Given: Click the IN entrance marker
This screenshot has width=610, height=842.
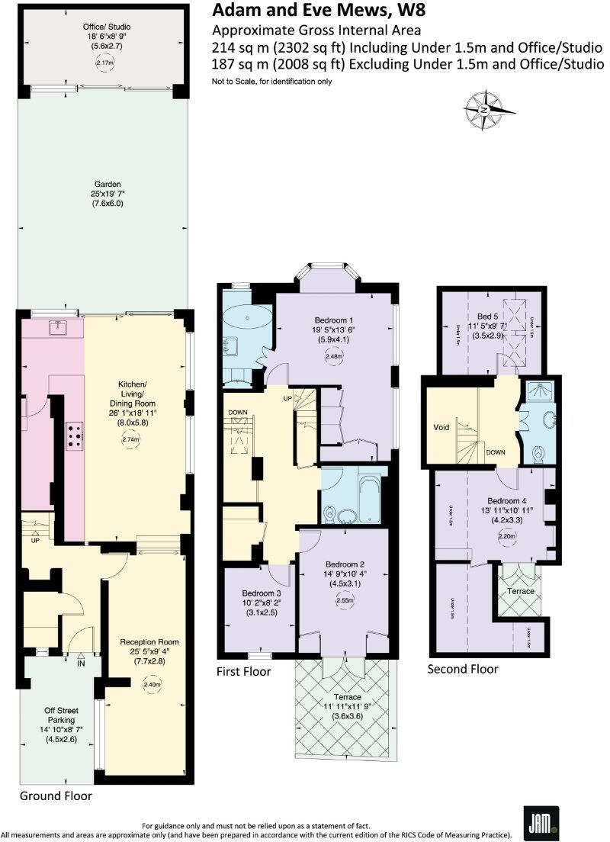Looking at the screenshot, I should click(x=81, y=663).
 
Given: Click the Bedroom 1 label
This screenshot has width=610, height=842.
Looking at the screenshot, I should click(x=333, y=320).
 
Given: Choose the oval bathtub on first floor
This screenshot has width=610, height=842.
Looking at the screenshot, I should click(x=246, y=315).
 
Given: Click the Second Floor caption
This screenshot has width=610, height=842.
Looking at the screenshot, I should click(x=462, y=669).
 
